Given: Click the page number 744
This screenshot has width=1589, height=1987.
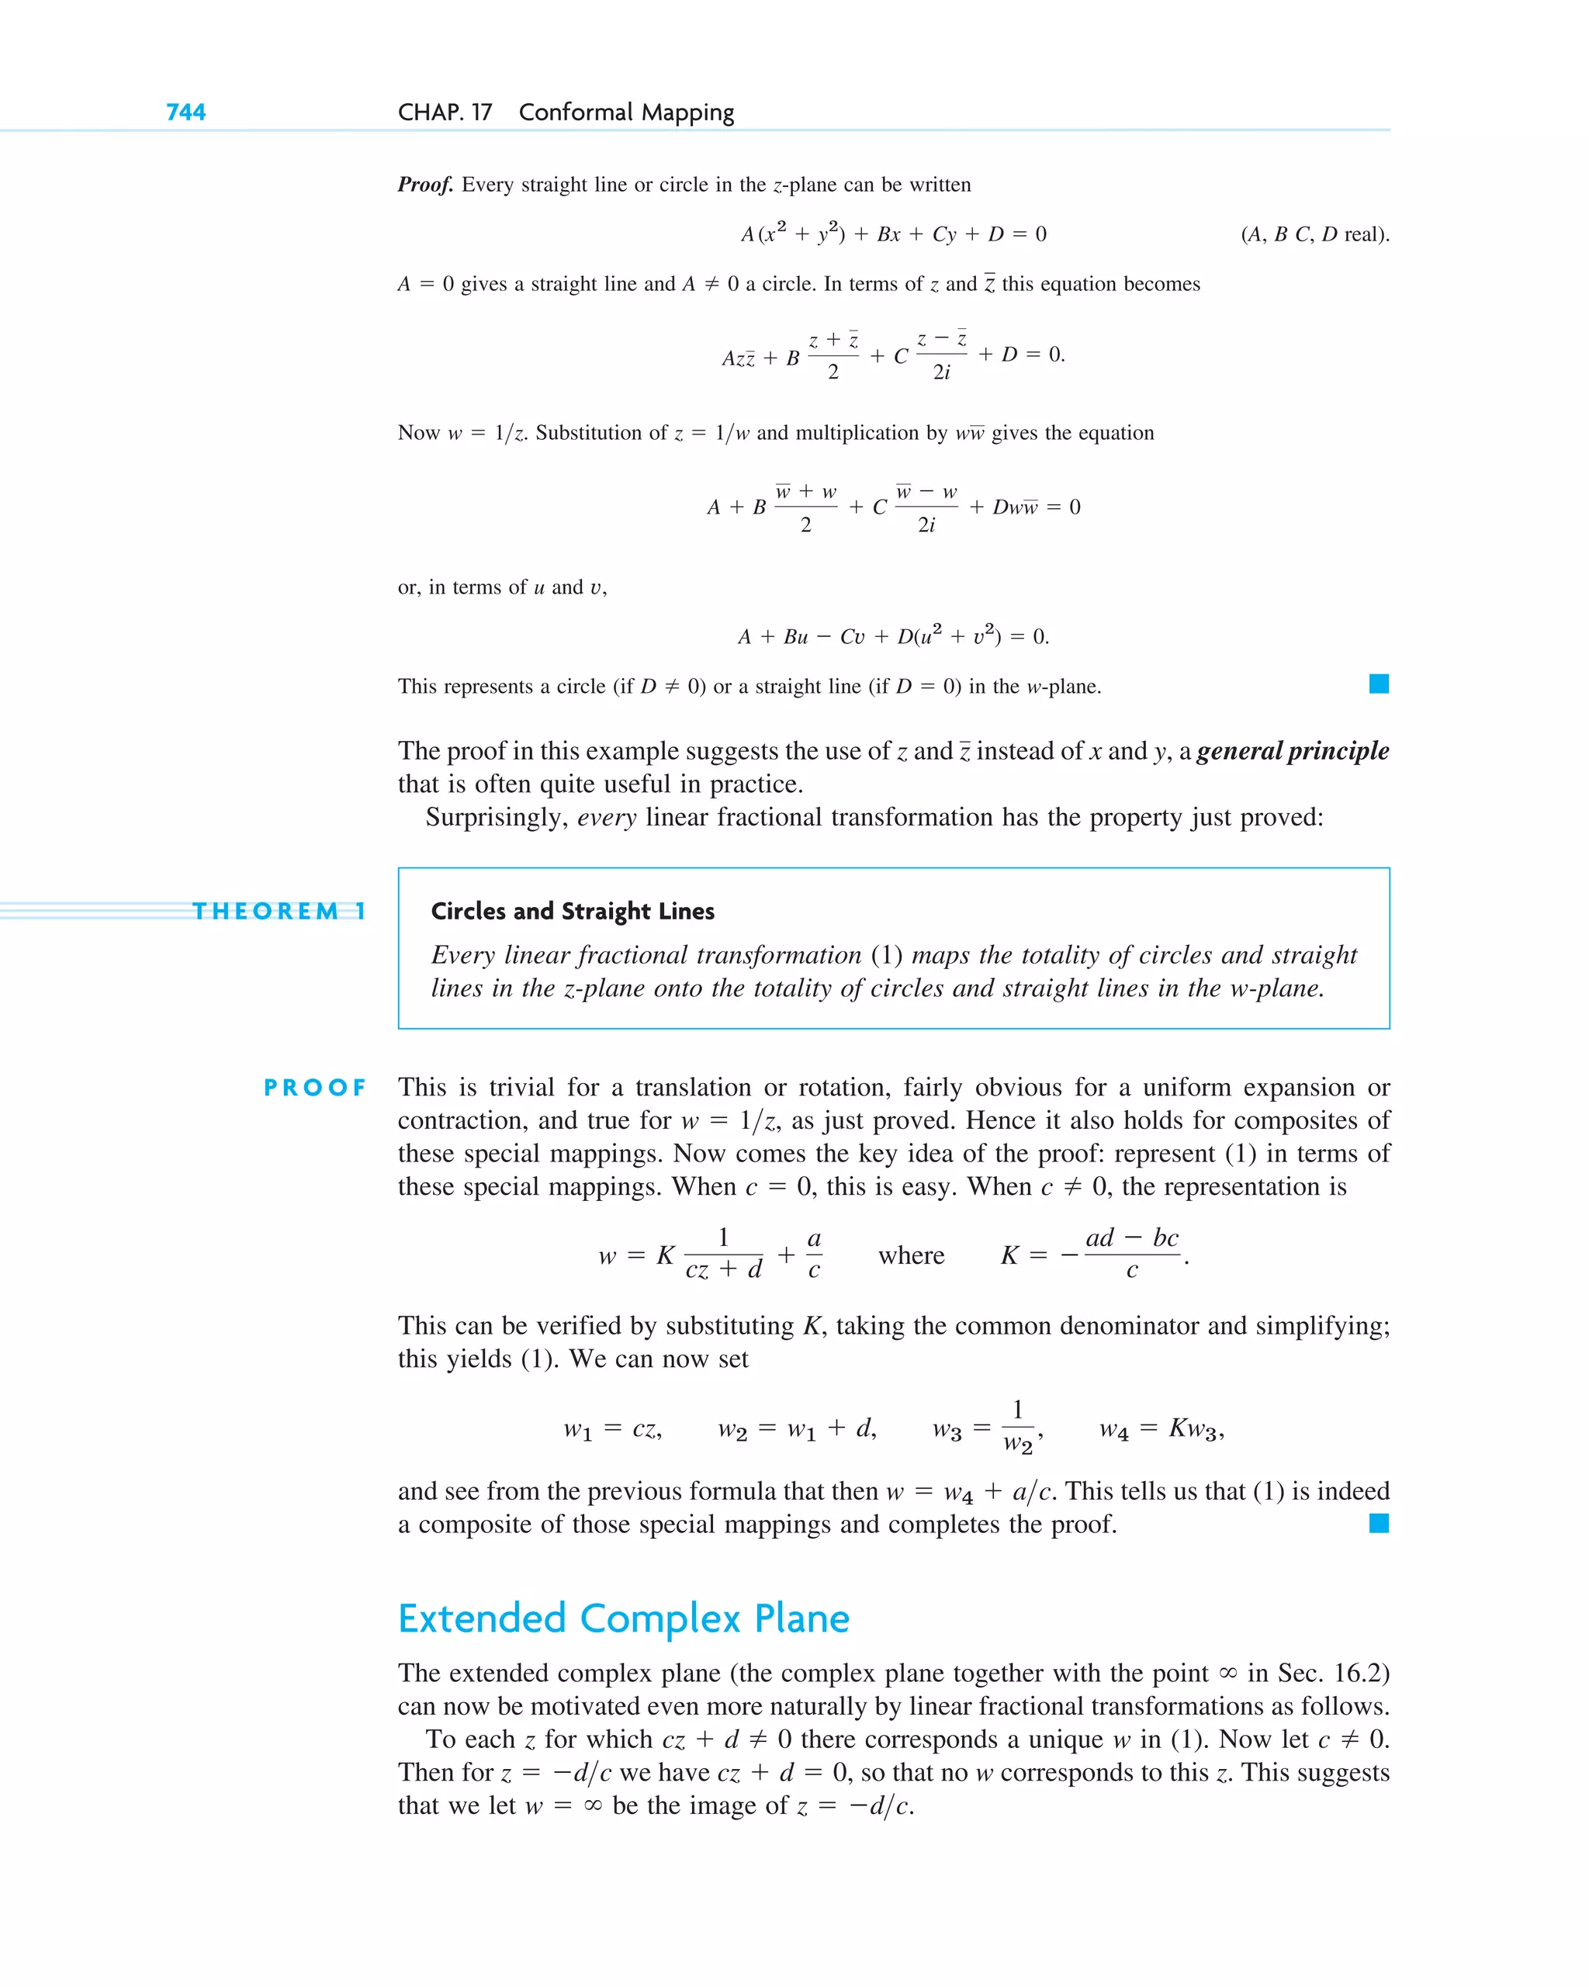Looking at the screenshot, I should tap(185, 113).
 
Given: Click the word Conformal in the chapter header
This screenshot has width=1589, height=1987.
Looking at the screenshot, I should tap(575, 113).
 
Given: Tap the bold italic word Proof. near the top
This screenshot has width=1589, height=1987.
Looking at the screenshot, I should tap(425, 185).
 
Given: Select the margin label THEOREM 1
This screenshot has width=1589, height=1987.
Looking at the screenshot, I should tap(279, 912).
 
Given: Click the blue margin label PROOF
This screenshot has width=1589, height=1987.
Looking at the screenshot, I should tap(314, 1088).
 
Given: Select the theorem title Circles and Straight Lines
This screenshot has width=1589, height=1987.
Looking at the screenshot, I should tap(573, 912).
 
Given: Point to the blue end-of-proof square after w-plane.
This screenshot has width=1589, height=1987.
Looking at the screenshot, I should tap(1378, 684).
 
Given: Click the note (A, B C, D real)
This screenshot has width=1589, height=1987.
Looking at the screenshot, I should tap(1314, 234).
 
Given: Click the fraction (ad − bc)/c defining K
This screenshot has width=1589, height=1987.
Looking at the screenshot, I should tap(1131, 1253).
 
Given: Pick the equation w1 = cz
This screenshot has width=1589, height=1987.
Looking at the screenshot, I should tap(612, 1429).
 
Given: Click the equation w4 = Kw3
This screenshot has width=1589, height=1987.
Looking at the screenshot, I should tap(1161, 1429).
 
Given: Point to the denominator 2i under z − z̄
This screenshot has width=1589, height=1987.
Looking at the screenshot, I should tap(941, 372).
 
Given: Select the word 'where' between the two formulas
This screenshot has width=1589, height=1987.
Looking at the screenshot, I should tap(911, 1255).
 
